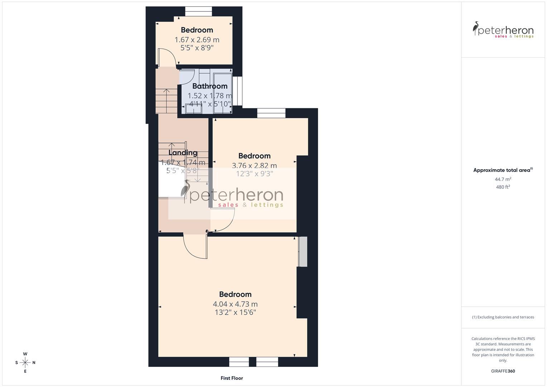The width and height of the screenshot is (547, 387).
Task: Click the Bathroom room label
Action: coord(210,86)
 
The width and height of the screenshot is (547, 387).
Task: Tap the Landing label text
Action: coord(183,153)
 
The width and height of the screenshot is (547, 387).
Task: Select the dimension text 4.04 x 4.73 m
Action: coord(235,304)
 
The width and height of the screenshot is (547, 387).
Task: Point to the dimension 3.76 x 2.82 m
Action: coord(254,165)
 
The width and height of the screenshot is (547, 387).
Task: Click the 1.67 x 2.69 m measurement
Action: coord(197,39)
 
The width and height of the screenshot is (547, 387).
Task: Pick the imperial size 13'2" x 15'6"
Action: coord(235,312)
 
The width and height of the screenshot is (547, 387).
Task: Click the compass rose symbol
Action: coord(25,362)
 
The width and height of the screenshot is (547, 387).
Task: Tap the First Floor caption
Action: coord(232,378)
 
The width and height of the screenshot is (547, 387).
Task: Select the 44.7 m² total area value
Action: coord(503,179)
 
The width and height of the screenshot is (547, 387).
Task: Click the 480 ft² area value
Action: coord(503,187)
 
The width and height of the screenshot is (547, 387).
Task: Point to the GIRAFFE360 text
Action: coord(503,371)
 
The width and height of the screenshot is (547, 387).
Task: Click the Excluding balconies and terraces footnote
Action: coord(503,317)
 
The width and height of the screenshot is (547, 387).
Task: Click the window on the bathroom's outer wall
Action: coord(237,91)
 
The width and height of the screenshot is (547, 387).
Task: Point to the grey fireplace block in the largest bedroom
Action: coord(303,252)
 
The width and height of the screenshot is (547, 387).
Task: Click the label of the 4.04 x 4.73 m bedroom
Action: coord(235,294)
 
